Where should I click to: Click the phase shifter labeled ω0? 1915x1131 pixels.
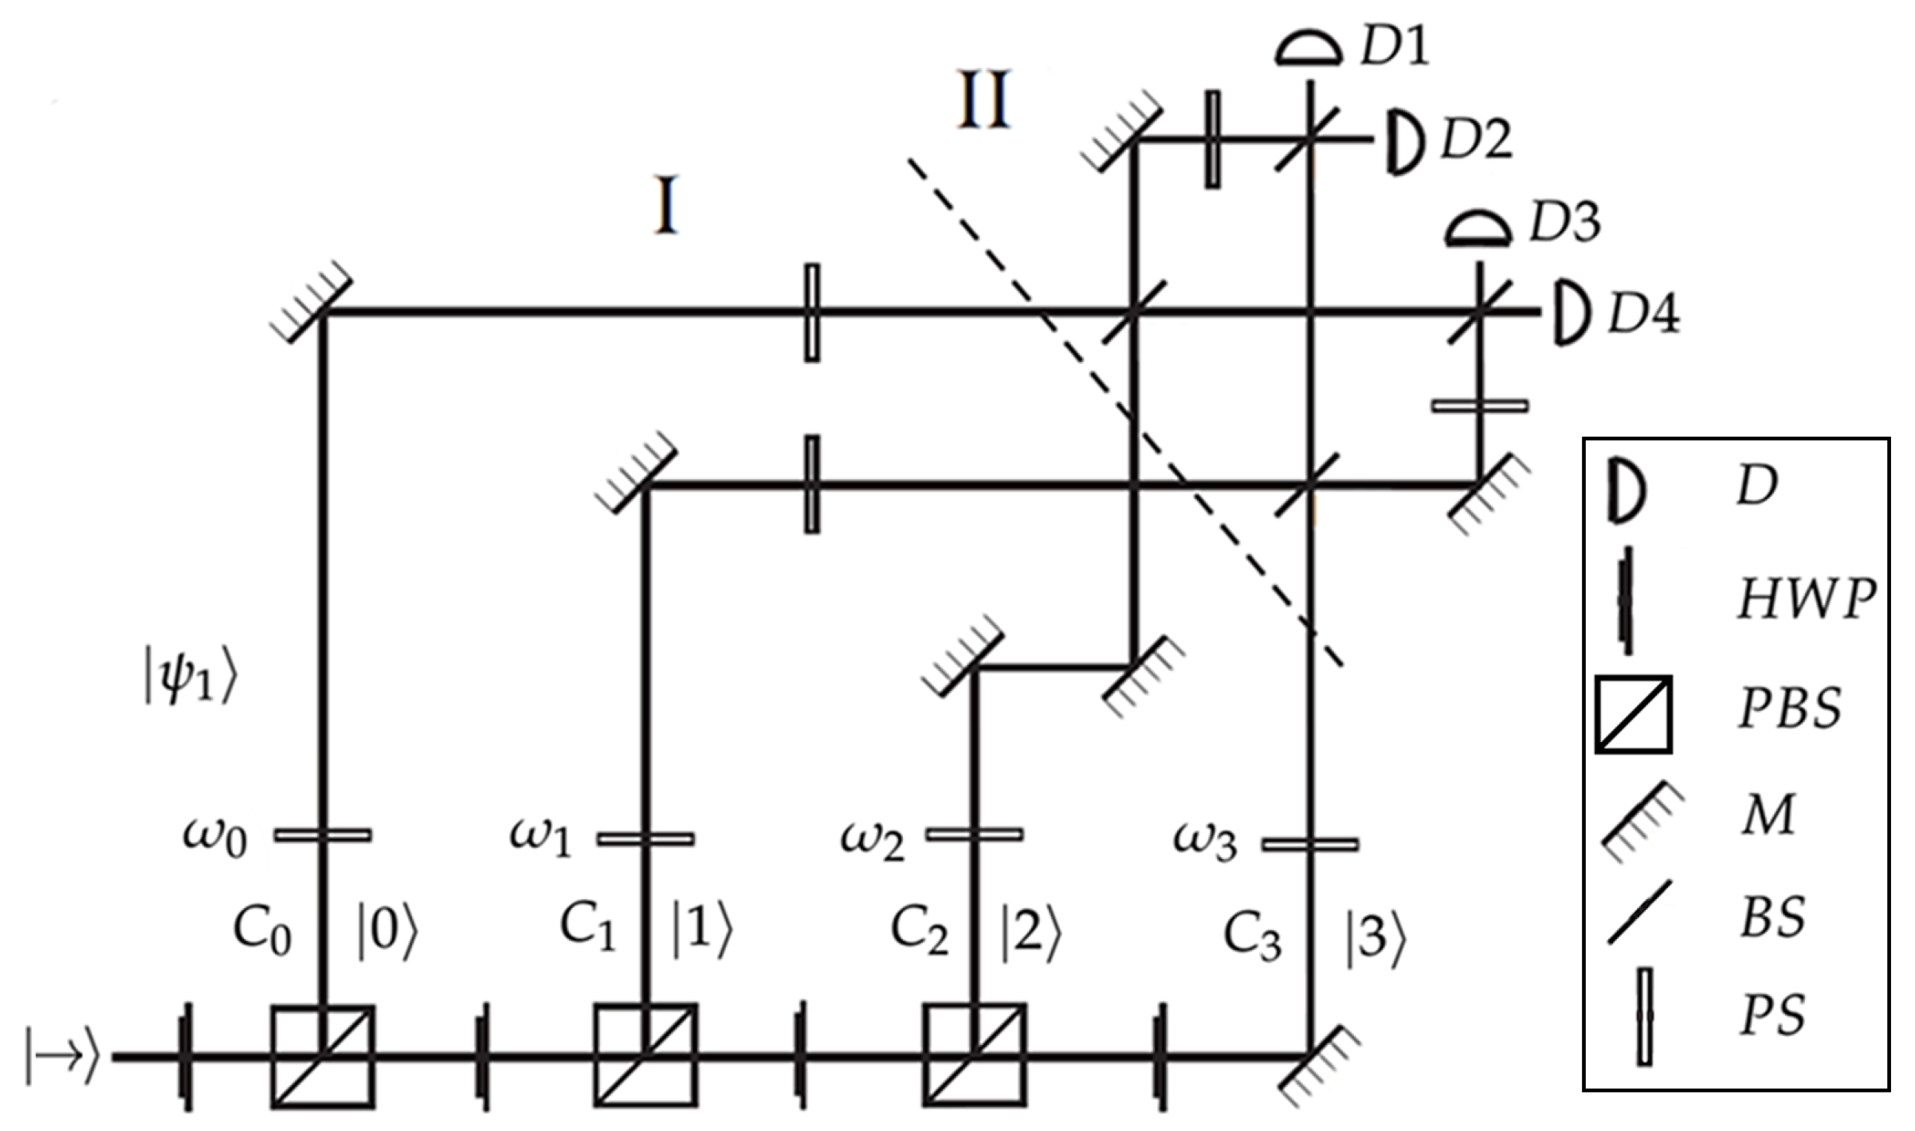tap(323, 835)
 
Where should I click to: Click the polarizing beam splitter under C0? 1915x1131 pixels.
tap(323, 1056)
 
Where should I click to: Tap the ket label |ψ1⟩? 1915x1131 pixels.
tap(190, 680)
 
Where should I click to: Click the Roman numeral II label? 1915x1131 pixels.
tap(984, 100)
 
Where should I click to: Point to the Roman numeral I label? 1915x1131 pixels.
tap(665, 206)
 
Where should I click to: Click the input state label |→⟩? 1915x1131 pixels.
tap(63, 1056)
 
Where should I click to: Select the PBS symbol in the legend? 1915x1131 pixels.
tap(1633, 714)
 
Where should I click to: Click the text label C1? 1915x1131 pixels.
tap(588, 928)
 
